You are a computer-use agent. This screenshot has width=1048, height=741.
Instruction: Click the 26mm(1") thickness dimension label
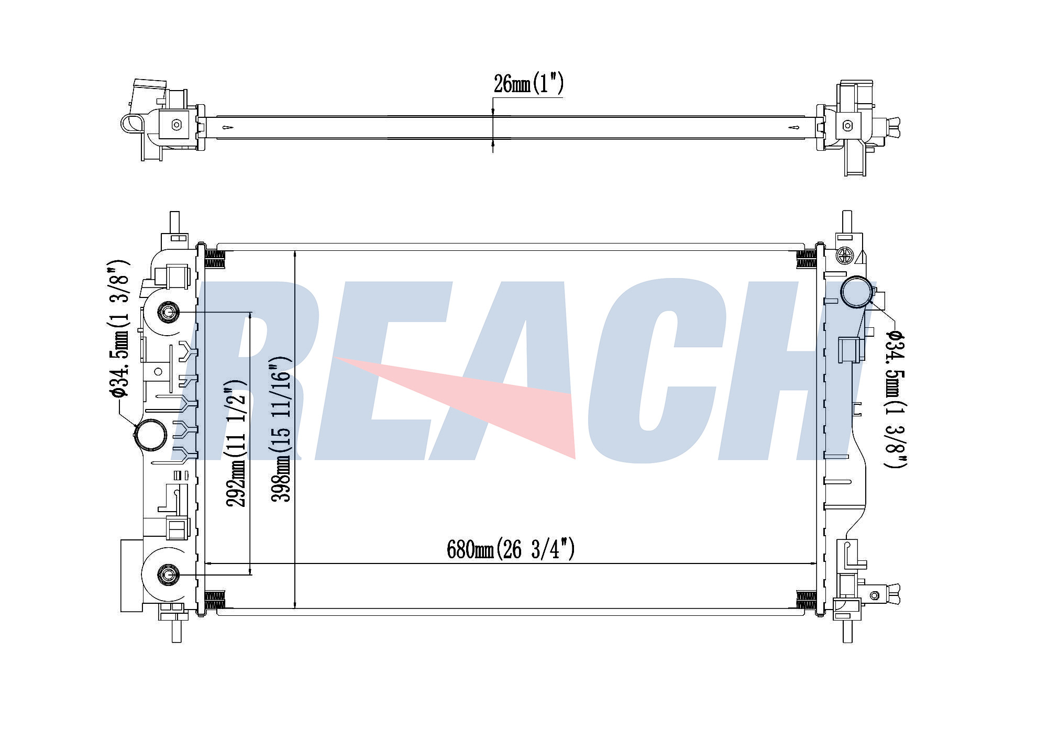coord(528,83)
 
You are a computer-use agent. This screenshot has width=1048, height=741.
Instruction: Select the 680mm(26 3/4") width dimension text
coord(511,549)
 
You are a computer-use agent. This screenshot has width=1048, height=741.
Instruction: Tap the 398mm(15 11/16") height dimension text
coord(280,429)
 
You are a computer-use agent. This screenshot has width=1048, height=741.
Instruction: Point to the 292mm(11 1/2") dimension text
coord(236,443)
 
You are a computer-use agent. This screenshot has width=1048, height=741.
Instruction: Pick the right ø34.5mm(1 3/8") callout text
coord(895,399)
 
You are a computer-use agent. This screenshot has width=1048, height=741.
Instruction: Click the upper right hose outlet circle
coord(857,292)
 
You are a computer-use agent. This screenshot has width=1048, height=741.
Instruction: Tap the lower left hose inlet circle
coord(151,434)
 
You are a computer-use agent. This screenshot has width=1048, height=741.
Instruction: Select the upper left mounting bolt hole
coord(168,313)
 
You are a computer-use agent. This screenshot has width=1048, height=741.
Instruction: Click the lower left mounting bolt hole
coord(168,574)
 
